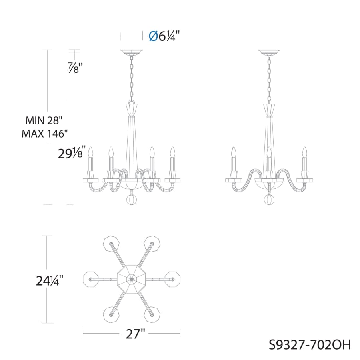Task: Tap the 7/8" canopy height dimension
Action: point(75,68)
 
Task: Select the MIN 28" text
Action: point(44,120)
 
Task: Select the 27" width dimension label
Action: point(132,334)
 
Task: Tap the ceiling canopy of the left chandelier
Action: point(132,52)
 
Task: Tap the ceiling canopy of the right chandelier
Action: point(269,52)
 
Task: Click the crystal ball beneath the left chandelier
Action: point(132,199)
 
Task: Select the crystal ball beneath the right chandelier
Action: point(269,199)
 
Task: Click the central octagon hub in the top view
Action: point(132,277)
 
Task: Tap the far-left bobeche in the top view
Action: point(92,277)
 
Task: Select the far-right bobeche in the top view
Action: point(173,277)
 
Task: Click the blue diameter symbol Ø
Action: point(152,36)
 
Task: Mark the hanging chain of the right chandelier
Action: point(269,78)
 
